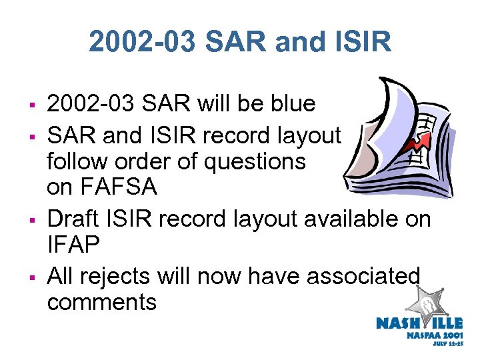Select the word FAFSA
(x=101, y=187)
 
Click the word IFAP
(x=73, y=245)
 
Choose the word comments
(x=101, y=302)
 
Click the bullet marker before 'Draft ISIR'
(x=31, y=219)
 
